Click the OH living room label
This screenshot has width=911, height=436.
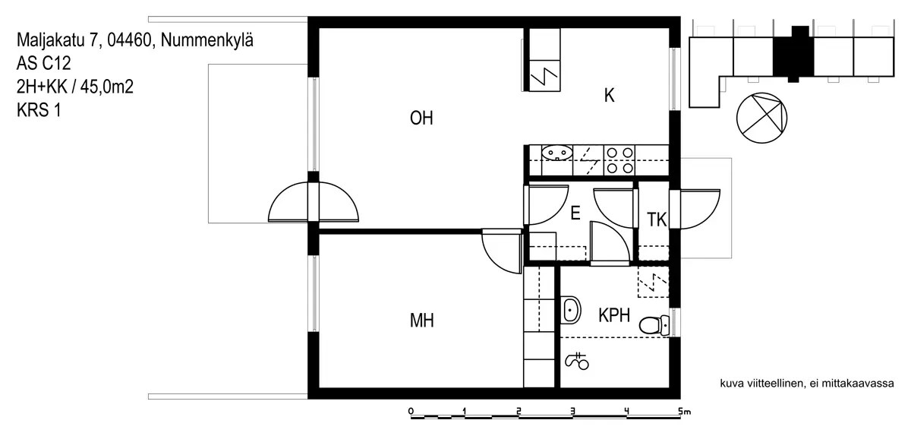(421, 118)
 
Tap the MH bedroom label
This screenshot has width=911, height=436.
(422, 321)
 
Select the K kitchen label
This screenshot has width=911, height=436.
(609, 95)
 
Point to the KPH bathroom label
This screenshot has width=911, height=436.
(614, 315)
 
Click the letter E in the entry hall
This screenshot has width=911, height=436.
(575, 213)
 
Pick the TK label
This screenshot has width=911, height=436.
(657, 220)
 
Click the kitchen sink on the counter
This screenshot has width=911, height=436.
(557, 153)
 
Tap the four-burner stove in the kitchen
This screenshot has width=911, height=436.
(619, 160)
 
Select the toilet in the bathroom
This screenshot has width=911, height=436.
(654, 325)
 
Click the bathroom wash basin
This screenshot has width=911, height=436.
(571, 310)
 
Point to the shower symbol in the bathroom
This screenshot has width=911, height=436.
(577, 361)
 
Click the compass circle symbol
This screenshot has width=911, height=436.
(761, 118)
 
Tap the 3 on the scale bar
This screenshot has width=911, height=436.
(572, 411)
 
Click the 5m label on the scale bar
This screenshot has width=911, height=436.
(685, 411)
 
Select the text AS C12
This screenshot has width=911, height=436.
(44, 63)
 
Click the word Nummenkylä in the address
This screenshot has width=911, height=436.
(207, 40)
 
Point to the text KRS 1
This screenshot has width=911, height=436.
(39, 110)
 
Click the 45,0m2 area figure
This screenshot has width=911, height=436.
(107, 87)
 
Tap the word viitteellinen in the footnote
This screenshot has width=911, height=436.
(775, 384)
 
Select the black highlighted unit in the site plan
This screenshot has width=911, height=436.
(793, 55)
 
